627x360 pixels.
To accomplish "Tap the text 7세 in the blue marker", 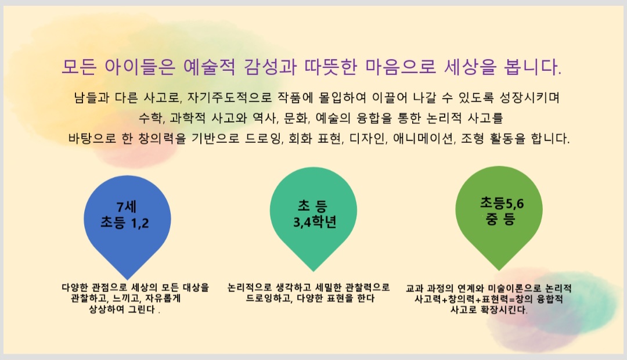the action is click(x=127, y=207).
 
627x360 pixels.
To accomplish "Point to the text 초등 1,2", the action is click(x=124, y=222).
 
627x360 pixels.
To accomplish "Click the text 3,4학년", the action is click(x=315, y=222).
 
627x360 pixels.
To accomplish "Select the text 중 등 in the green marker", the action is click(x=500, y=219).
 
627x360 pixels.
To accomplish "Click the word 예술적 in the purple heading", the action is click(x=209, y=67).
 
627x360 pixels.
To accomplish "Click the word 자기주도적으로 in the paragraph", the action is click(x=229, y=98).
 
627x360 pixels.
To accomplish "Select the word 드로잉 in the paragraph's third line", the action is click(x=264, y=138).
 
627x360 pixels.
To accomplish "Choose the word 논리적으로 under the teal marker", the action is click(x=249, y=287).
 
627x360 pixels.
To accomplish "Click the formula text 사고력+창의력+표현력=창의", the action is click(x=474, y=299).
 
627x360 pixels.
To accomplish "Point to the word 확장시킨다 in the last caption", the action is click(x=506, y=310).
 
